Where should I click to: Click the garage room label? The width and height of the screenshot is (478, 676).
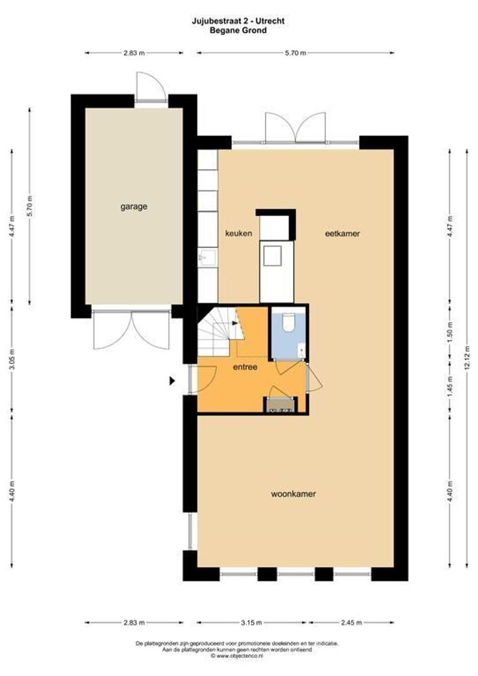[x=134, y=206]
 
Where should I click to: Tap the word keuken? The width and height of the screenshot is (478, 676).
[x=238, y=233]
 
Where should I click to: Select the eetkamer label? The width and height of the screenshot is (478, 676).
[x=342, y=233]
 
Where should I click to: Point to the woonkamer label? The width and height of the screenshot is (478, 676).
[x=293, y=494]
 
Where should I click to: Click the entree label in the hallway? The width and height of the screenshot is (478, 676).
[x=245, y=367]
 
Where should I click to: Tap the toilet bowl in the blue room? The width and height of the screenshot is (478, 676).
[x=288, y=322]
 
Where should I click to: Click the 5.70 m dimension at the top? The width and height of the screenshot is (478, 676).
[x=295, y=53]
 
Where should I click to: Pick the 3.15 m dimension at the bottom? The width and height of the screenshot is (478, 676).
[x=252, y=623]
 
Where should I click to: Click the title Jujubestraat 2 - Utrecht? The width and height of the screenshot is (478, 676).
[x=238, y=21]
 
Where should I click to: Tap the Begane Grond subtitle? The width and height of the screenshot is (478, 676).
[x=238, y=29]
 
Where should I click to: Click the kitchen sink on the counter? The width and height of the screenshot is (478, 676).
[x=207, y=257]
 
